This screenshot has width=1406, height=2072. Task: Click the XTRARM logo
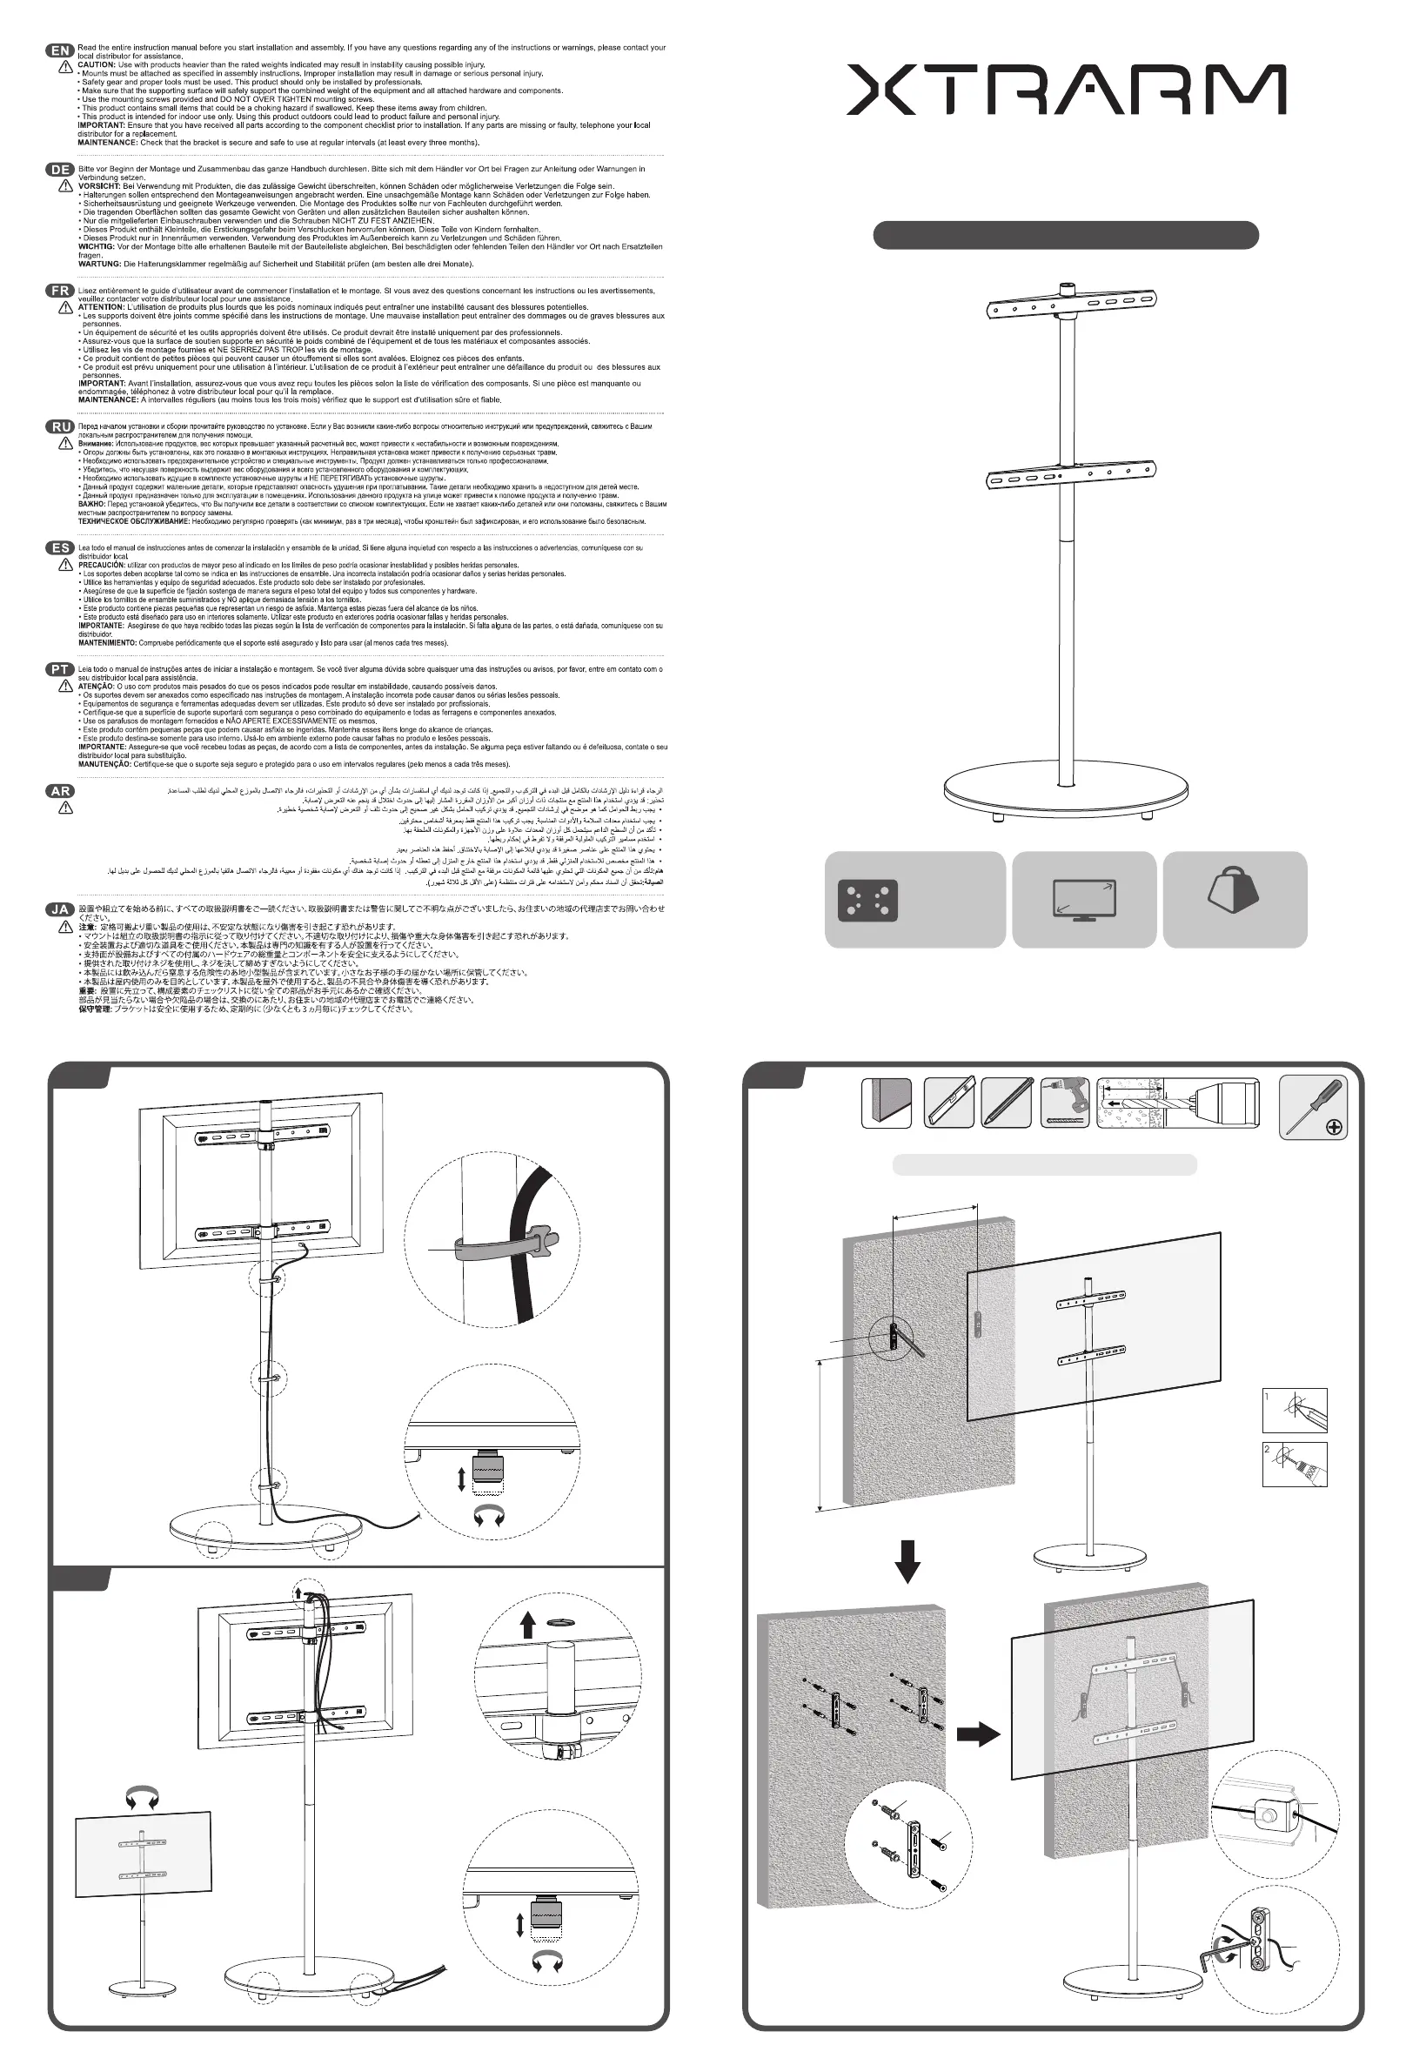pos(1066,89)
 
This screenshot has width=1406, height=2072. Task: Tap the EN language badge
pos(60,50)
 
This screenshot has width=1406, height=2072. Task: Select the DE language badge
pos(60,170)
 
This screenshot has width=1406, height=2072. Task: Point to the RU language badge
pos(60,426)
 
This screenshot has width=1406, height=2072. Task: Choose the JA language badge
pos(60,909)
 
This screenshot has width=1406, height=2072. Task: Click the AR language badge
pos(60,791)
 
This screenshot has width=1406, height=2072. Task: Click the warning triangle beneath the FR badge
pos(65,307)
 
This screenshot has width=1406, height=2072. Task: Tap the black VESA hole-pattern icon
pos(867,901)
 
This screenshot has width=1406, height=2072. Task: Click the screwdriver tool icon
pos(1312,1106)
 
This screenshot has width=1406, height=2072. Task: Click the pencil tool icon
pos(1007,1103)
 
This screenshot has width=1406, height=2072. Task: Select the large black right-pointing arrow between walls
pos(978,1734)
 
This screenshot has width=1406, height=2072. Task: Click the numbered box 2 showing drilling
pos(1295,1464)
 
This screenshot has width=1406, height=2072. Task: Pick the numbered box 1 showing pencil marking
pos(1295,1411)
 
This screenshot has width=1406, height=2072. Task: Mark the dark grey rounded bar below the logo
pos(1066,235)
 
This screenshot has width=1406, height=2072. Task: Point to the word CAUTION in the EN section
pos(97,65)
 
